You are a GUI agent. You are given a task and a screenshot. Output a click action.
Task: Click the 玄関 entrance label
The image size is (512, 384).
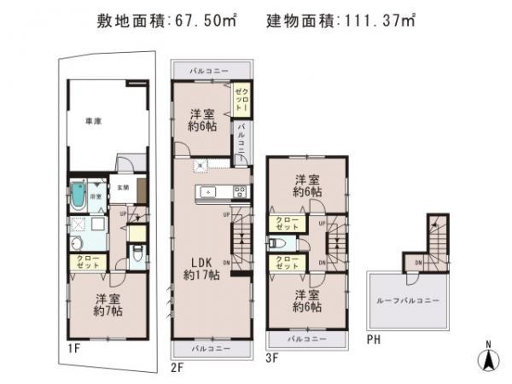[123, 187]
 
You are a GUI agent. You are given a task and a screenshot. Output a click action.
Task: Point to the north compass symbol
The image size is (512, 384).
[487, 359]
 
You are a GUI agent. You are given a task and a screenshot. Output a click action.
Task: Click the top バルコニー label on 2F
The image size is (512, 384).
[210, 70]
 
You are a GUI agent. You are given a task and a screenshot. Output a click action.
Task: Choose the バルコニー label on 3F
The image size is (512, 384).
[308, 339]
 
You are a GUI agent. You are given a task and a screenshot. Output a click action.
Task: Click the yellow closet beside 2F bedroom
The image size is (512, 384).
[241, 100]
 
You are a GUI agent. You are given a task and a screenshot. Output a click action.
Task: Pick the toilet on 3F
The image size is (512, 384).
[276, 242]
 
